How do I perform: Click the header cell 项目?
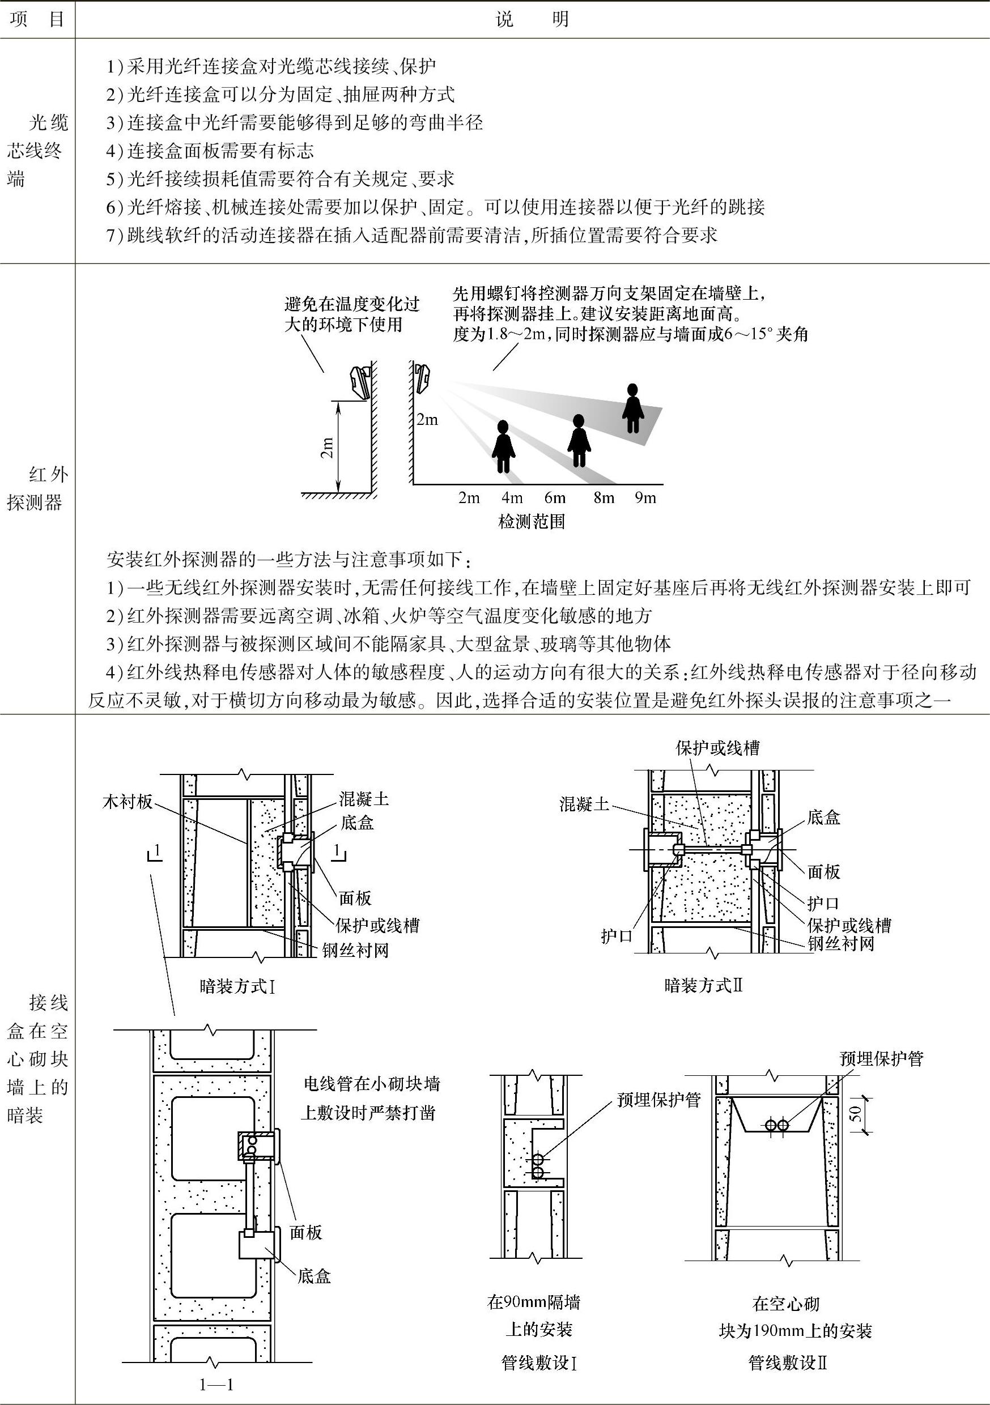point(37,20)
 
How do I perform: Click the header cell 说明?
point(532,20)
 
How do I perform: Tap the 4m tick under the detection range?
point(512,497)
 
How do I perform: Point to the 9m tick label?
point(645,497)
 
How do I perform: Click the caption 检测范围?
point(532,521)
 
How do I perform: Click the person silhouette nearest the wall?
point(503,447)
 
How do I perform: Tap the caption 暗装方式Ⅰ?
point(237,986)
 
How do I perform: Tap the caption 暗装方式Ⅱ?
point(703,985)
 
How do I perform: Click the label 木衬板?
point(128,802)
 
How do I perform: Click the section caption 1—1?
point(216,1385)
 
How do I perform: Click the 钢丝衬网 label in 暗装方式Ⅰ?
point(355,950)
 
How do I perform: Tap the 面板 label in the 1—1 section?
point(305,1232)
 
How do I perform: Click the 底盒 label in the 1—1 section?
point(314,1276)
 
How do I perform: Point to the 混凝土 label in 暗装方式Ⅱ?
point(584,804)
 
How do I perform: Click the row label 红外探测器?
point(37,488)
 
